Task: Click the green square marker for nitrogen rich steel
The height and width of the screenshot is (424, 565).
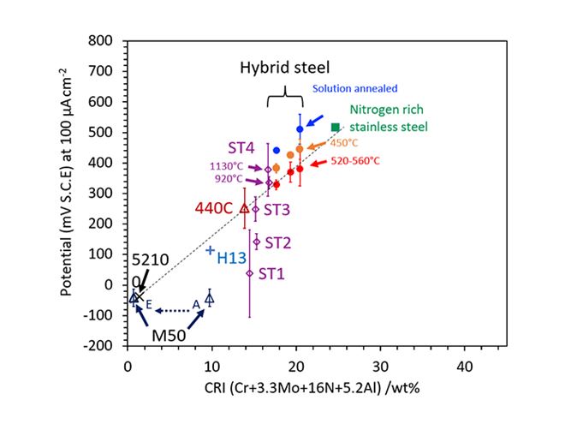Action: click(335, 127)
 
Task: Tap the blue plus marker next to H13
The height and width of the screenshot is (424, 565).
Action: click(210, 250)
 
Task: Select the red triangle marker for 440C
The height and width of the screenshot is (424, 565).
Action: click(244, 207)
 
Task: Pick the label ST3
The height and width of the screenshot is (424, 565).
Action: click(277, 208)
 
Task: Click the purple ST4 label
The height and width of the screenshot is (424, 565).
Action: click(243, 147)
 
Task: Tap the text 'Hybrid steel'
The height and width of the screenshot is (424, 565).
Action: click(284, 67)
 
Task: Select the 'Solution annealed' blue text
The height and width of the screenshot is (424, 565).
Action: click(355, 88)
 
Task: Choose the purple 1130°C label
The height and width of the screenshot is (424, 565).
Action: click(227, 167)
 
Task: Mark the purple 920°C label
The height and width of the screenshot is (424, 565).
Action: click(226, 180)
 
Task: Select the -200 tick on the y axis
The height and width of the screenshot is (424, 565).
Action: click(101, 345)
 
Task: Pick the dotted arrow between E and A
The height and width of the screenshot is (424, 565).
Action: click(173, 310)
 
